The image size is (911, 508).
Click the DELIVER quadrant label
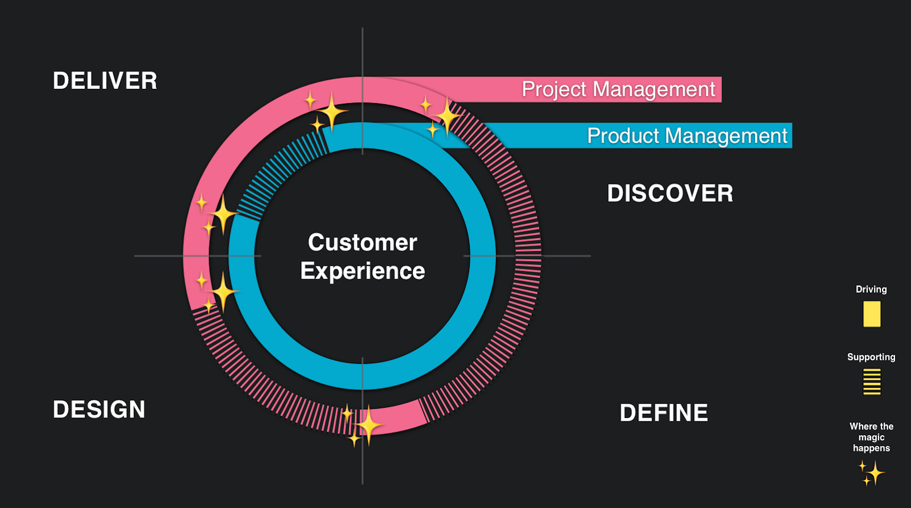105,80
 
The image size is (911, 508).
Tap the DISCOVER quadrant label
670,193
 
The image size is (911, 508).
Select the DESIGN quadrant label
99,409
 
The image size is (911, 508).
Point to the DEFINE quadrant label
664,413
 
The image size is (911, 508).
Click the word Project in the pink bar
555,90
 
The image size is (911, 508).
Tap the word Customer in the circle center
362,243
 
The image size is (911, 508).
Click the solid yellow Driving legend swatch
872,314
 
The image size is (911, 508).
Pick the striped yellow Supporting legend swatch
872,382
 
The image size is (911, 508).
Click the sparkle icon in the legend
872,473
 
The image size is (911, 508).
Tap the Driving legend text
871,289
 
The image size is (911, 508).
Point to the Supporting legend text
871,357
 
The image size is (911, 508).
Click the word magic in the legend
871,437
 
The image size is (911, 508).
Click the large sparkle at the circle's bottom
368,425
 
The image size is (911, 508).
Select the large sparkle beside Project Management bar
448,117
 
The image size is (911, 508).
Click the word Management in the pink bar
654,89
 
